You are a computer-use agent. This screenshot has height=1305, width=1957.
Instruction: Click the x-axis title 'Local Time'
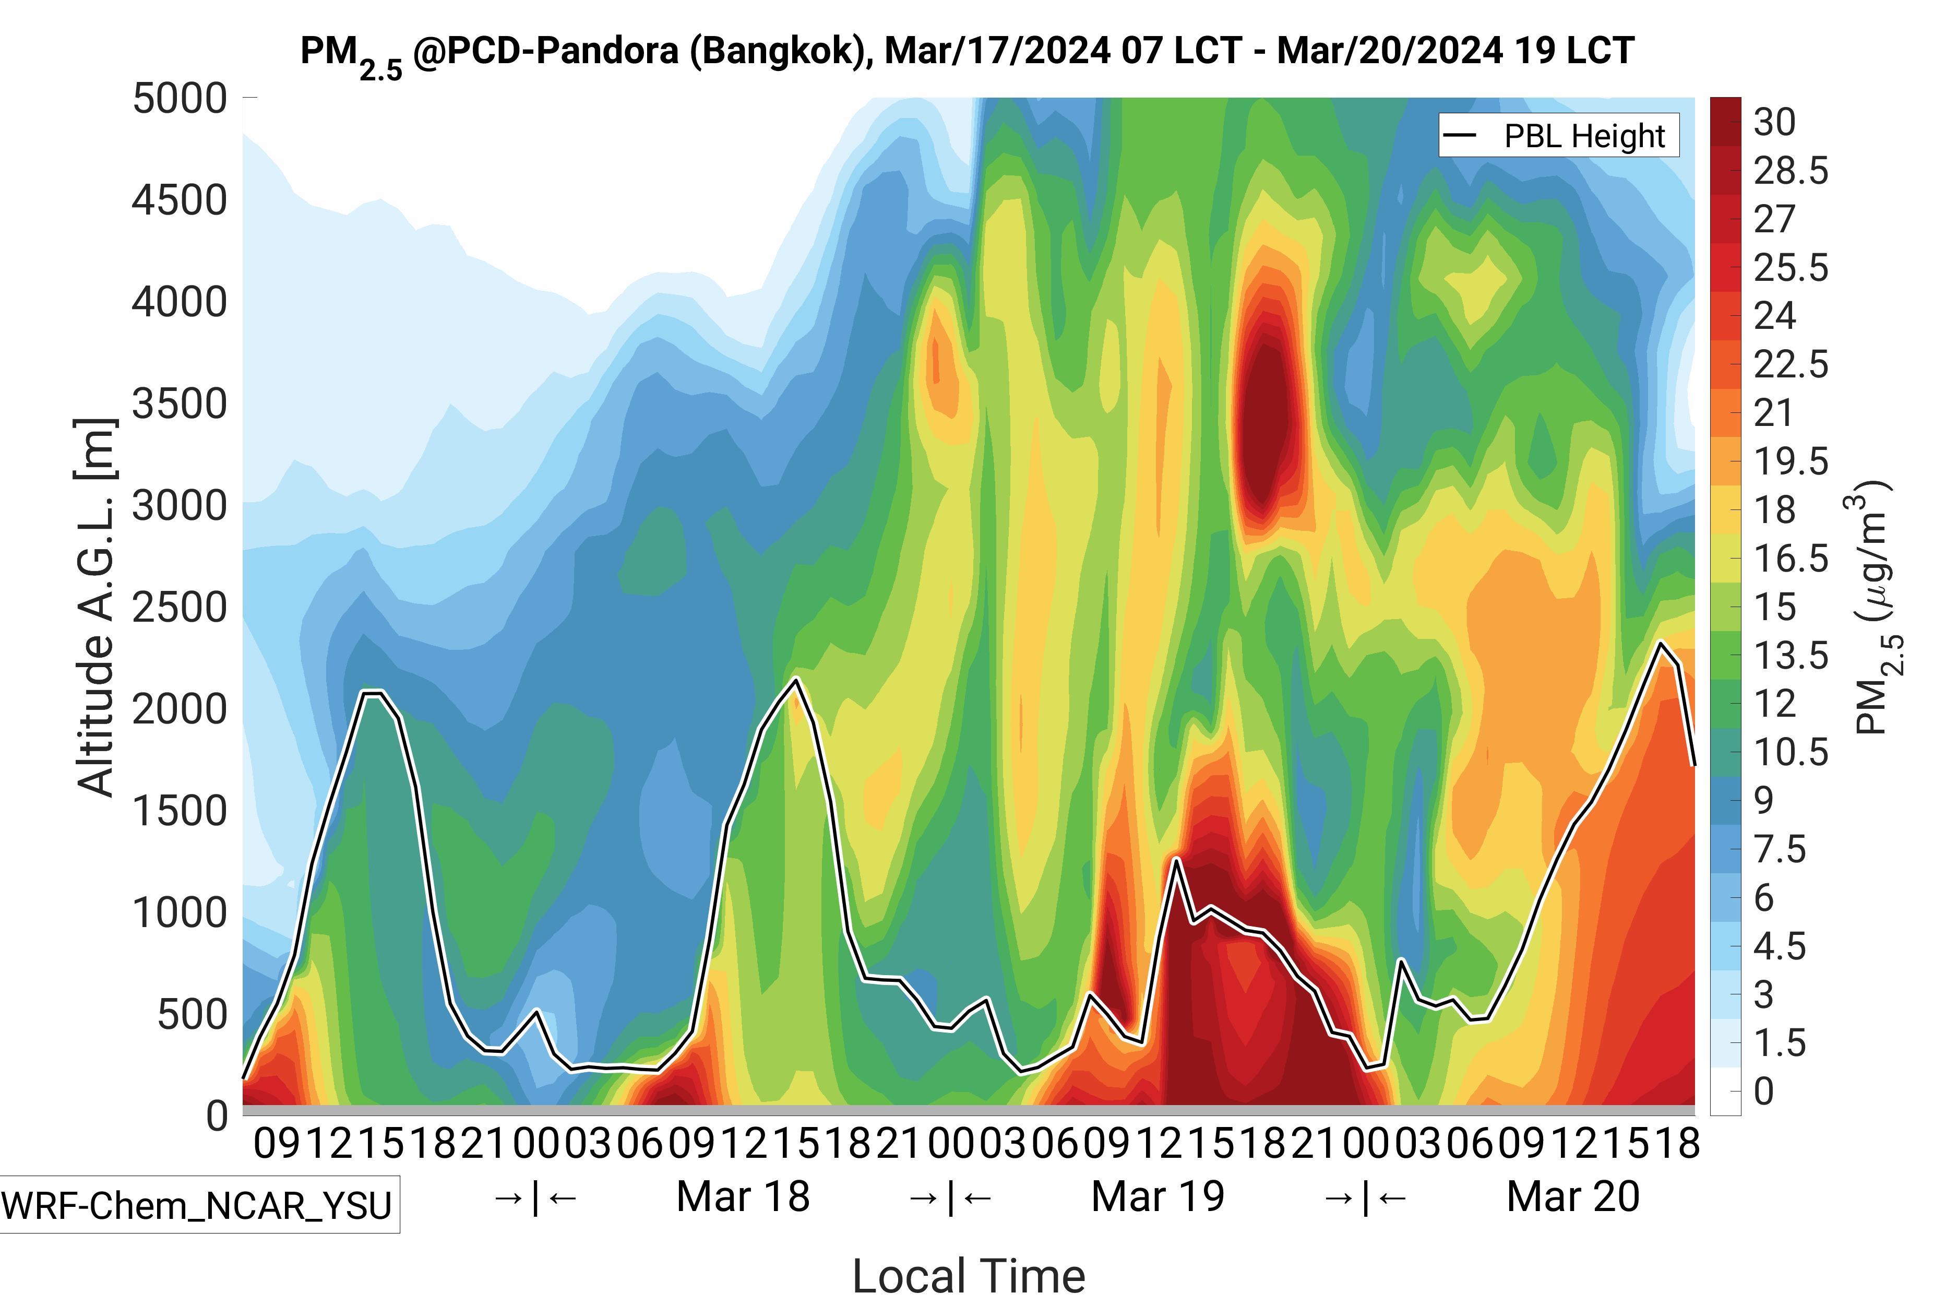969,1275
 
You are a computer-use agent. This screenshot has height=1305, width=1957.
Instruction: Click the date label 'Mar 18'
743,1197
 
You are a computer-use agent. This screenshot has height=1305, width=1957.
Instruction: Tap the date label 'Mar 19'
1158,1197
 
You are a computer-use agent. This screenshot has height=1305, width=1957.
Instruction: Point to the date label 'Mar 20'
1572,1197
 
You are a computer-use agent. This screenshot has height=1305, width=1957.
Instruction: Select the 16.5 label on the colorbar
1791,559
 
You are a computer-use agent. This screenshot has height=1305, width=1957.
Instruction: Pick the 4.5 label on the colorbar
1779,946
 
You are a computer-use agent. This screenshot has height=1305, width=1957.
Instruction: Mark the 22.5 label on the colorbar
1791,364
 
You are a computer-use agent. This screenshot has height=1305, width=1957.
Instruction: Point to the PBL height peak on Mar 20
1661,643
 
